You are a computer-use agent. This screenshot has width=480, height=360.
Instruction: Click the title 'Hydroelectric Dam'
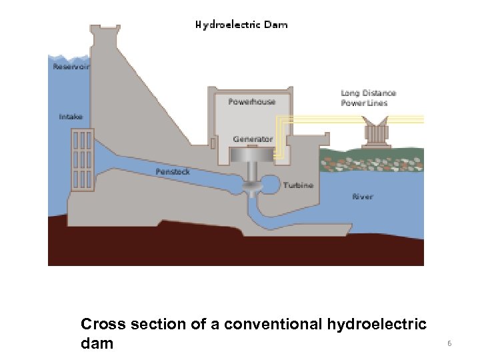pos(241,25)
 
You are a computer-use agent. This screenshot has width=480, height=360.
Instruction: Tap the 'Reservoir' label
pos(71,66)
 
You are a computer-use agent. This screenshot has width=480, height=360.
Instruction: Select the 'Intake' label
pos(71,117)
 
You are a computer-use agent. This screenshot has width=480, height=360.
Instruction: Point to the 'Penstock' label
pos(173,171)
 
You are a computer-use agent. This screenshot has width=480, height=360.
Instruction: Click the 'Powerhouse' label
pos(251,101)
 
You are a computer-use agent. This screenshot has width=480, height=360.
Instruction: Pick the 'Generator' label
pos(253,139)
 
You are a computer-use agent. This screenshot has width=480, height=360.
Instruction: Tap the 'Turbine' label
pos(298,185)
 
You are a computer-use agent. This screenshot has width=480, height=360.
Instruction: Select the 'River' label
pos(362,197)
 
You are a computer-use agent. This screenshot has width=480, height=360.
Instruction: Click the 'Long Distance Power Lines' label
pos(368,98)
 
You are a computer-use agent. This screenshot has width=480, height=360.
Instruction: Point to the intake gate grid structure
pos(82,159)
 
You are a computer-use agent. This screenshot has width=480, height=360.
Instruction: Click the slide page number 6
pos(449,343)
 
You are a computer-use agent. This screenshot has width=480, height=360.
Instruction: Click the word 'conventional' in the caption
pos(274,325)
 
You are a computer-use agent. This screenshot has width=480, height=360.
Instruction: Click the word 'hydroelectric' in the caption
pos(377,325)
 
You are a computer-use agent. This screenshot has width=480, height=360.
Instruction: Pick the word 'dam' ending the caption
pos(97,344)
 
